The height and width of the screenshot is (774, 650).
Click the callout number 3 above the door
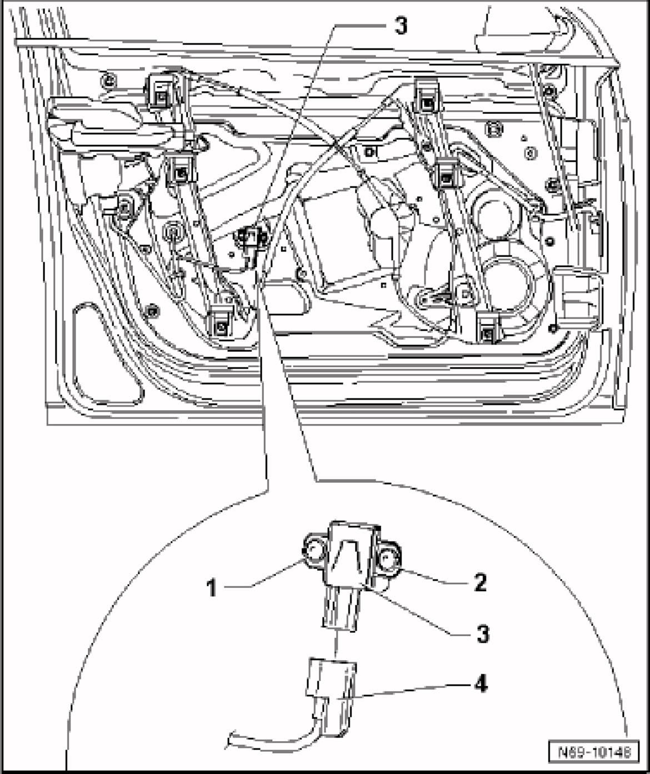coord(401,26)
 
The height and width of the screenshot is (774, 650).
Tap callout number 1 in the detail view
coord(211,587)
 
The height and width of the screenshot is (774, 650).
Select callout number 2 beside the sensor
coord(480,582)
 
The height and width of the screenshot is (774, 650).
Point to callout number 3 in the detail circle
coord(482,633)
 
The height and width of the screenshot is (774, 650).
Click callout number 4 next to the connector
coord(481,684)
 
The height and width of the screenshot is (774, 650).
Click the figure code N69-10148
coord(594,753)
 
